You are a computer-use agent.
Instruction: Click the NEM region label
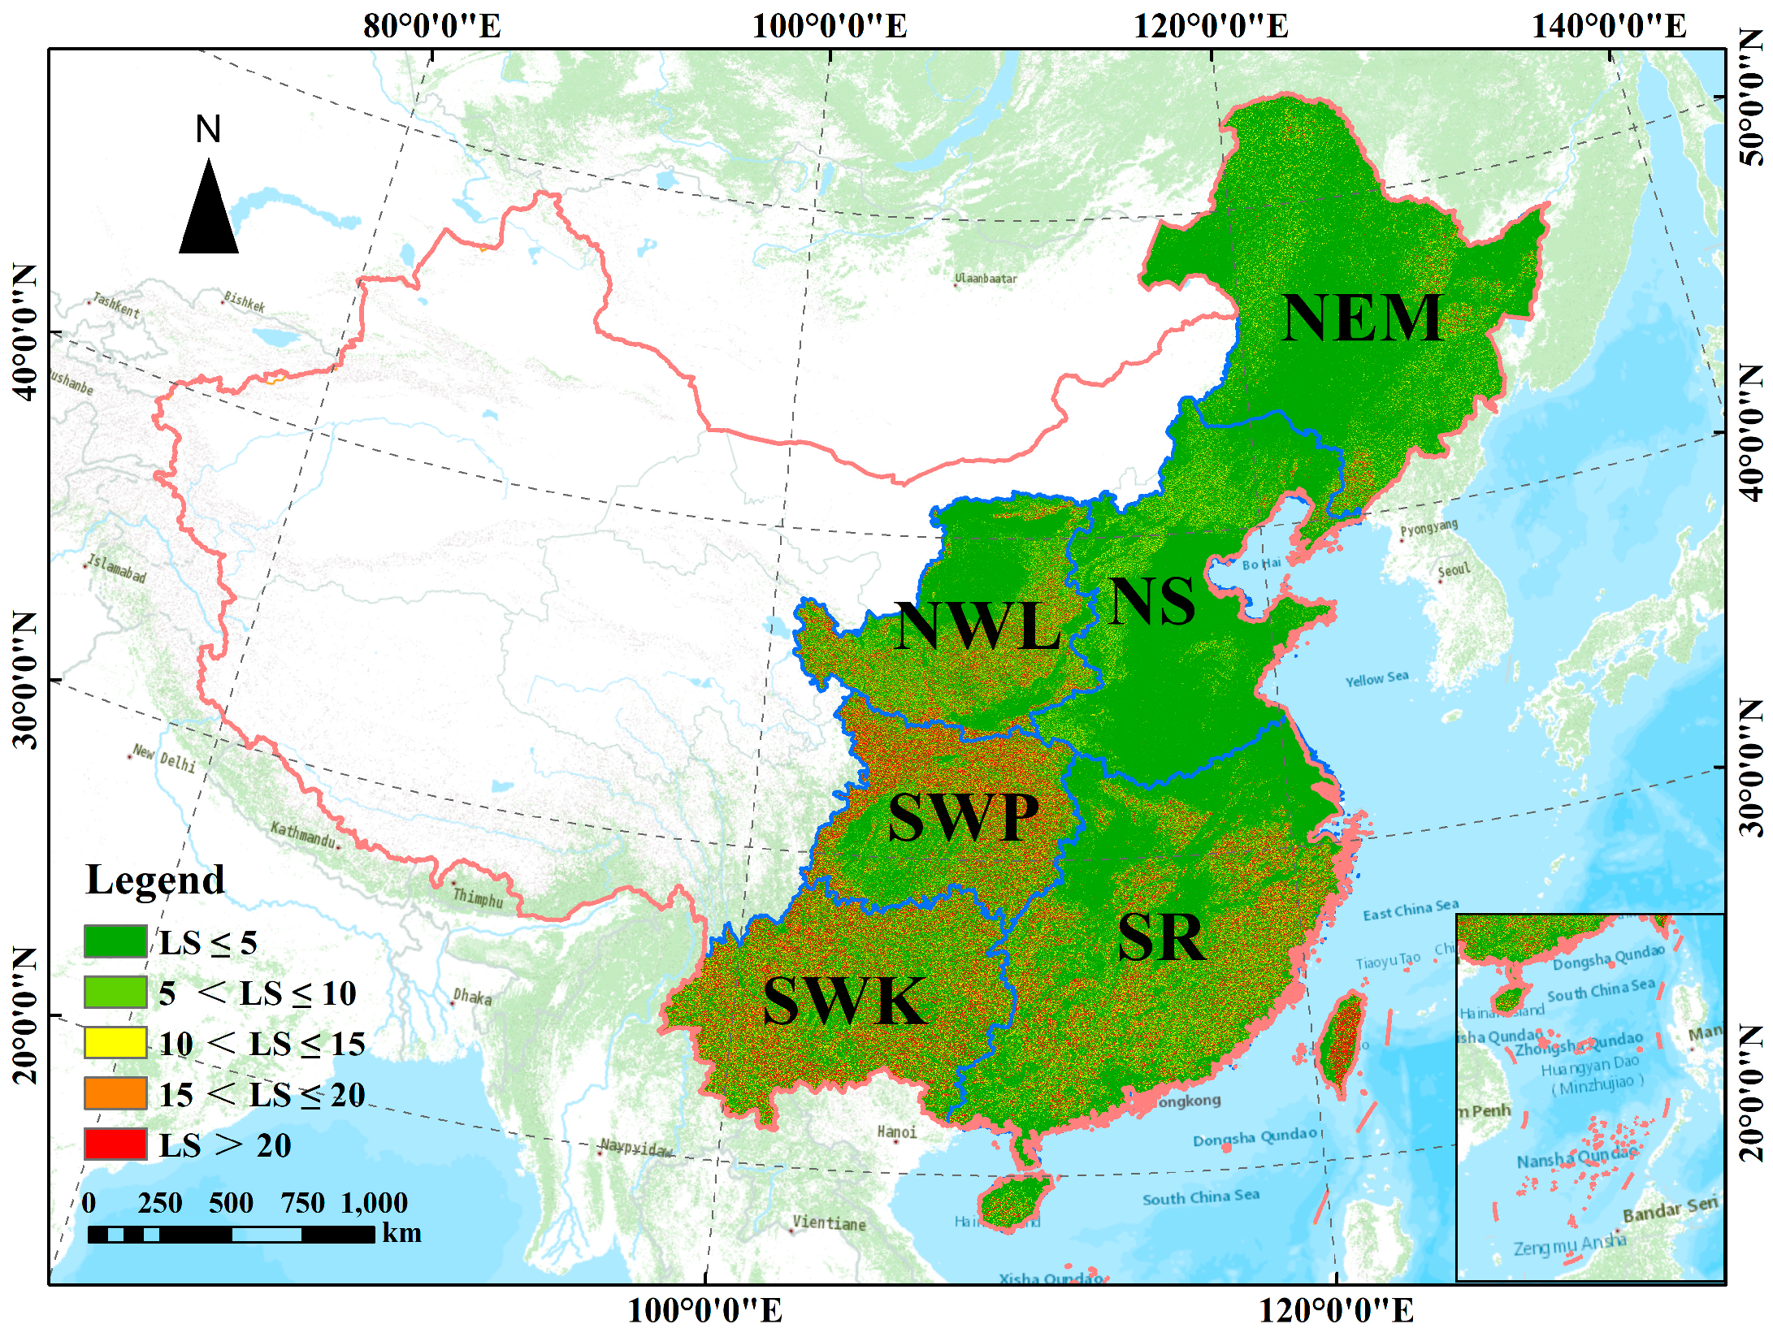(x=1362, y=318)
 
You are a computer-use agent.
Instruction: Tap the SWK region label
(x=845, y=1001)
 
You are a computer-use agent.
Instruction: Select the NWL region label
(x=978, y=626)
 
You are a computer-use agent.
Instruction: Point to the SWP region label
(x=964, y=817)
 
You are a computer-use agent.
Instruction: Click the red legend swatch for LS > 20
(x=115, y=1144)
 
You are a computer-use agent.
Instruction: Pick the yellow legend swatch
(x=115, y=1043)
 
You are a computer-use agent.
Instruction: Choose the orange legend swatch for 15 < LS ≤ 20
(x=115, y=1093)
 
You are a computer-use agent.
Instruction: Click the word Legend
(x=154, y=881)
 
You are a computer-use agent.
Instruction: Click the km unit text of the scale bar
(x=401, y=1233)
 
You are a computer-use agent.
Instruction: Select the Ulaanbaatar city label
(x=986, y=279)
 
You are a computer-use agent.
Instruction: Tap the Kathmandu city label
(x=302, y=833)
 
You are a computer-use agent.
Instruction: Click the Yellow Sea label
(x=1376, y=679)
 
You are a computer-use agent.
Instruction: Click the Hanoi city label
(x=897, y=1132)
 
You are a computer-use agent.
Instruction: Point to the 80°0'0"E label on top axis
(x=432, y=26)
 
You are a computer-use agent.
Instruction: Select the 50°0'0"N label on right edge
(x=1753, y=97)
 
